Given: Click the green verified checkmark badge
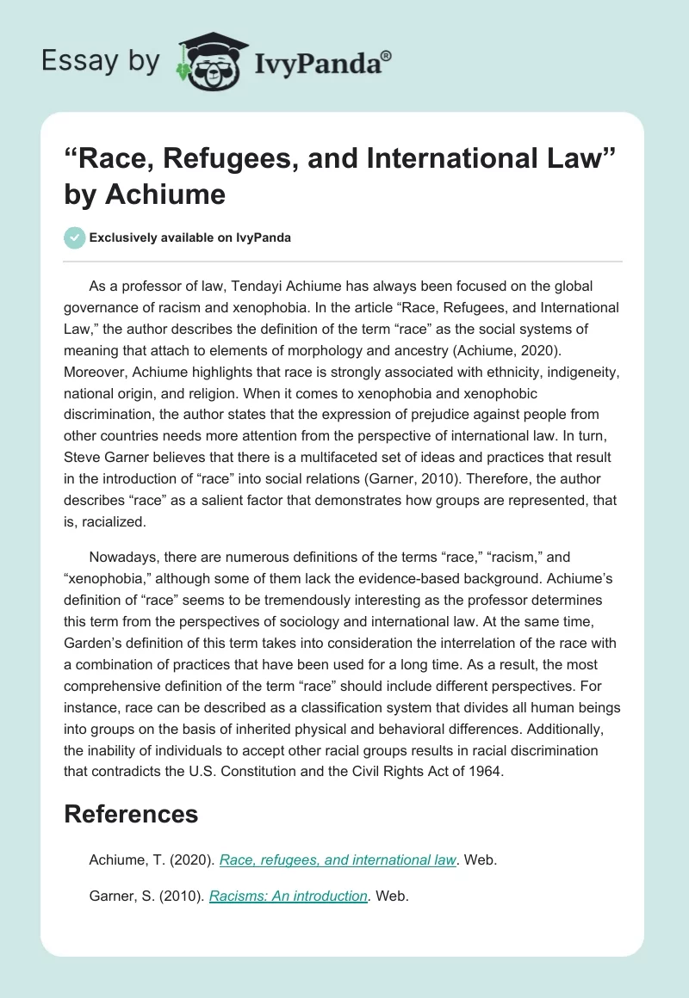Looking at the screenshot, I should click(75, 237).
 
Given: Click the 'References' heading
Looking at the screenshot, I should click(131, 814).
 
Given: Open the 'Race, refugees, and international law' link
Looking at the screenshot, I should click(338, 859).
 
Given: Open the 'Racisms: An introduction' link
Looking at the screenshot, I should click(289, 896).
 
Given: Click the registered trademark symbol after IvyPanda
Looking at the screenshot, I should click(387, 54).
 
